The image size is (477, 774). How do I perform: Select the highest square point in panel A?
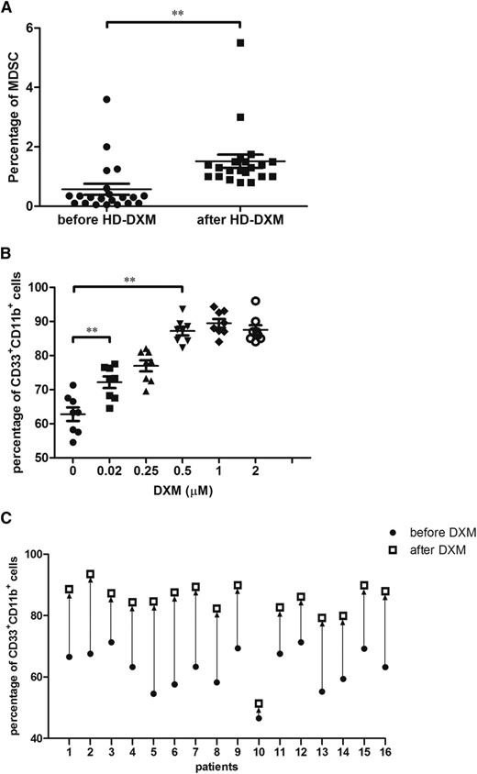[240, 43]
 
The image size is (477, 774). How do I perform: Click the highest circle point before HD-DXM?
[107, 99]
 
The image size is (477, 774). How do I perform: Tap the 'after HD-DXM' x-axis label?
[240, 220]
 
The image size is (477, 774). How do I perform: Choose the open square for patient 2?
[90, 575]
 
